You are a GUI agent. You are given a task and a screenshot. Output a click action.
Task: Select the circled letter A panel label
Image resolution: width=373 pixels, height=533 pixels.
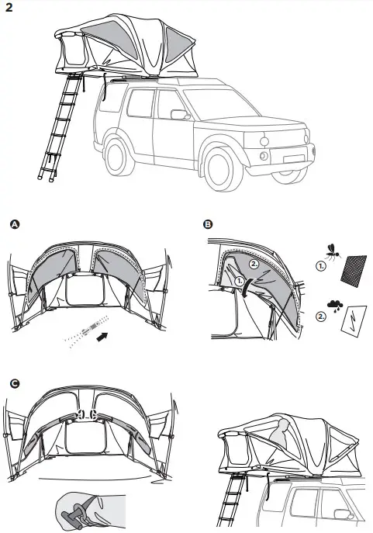[x=12, y=225]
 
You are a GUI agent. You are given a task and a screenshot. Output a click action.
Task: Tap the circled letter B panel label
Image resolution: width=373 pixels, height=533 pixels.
[x=207, y=225]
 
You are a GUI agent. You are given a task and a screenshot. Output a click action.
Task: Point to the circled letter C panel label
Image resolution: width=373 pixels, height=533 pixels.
[x=13, y=383]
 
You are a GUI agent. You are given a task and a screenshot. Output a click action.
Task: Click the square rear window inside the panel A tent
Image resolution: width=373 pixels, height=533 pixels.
[x=81, y=295]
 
